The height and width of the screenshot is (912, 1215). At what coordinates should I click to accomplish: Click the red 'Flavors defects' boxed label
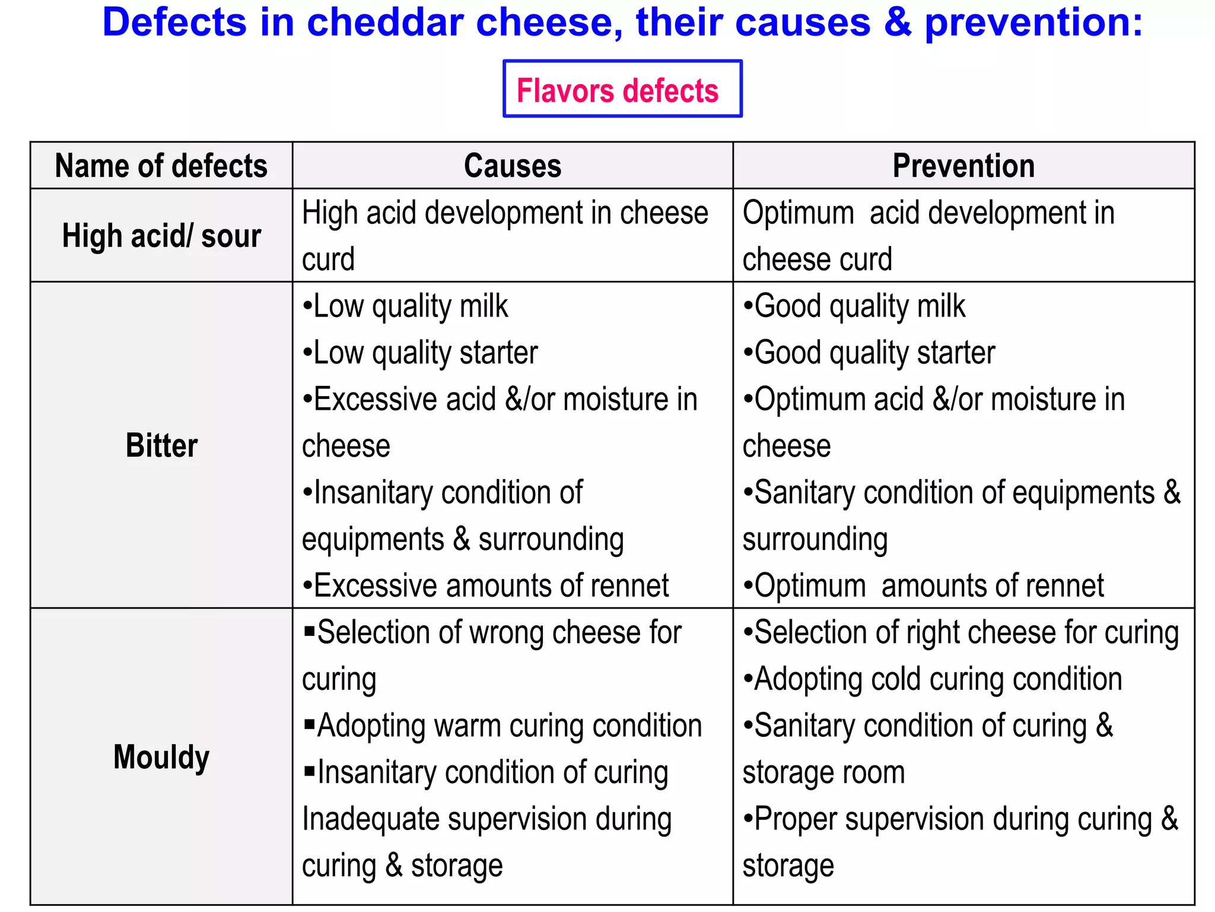(x=618, y=91)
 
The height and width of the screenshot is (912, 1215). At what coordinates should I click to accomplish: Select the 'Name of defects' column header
(x=161, y=166)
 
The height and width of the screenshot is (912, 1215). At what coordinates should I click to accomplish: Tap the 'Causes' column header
(x=513, y=166)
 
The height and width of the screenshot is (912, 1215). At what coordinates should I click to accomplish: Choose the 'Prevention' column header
(x=963, y=166)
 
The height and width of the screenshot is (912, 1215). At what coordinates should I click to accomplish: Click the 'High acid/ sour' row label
(x=161, y=236)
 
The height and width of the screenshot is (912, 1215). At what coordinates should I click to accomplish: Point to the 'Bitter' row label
(x=161, y=445)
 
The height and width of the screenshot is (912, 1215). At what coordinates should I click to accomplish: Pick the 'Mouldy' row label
(x=161, y=757)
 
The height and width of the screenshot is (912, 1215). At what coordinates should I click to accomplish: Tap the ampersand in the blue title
(x=898, y=23)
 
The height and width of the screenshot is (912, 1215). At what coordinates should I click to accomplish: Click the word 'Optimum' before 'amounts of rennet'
(x=810, y=586)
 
